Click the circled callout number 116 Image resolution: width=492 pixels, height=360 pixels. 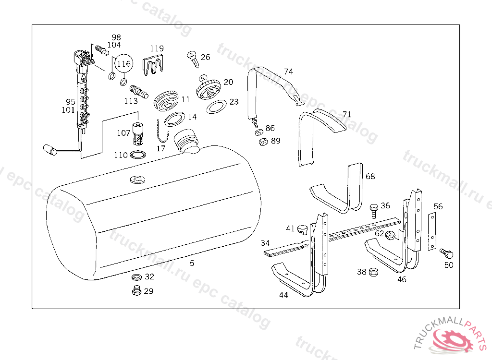pos(123,63)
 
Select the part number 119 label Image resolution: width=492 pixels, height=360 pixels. pos(157,48)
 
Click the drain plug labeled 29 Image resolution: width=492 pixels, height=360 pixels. pos(135,290)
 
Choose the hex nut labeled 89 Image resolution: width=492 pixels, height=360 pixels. pos(262,142)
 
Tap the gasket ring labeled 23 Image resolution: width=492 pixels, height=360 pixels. pos(217,107)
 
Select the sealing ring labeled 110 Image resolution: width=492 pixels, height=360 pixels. pos(138,156)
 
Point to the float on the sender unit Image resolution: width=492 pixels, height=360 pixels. pos(50,149)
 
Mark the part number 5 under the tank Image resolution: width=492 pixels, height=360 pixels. pos(192,263)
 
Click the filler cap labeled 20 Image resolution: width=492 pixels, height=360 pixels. pos(209,87)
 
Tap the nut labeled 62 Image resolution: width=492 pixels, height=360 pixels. pos(391,235)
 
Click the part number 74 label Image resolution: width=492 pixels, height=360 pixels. pos(288,72)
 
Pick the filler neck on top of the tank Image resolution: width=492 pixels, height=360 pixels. pos(186,140)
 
